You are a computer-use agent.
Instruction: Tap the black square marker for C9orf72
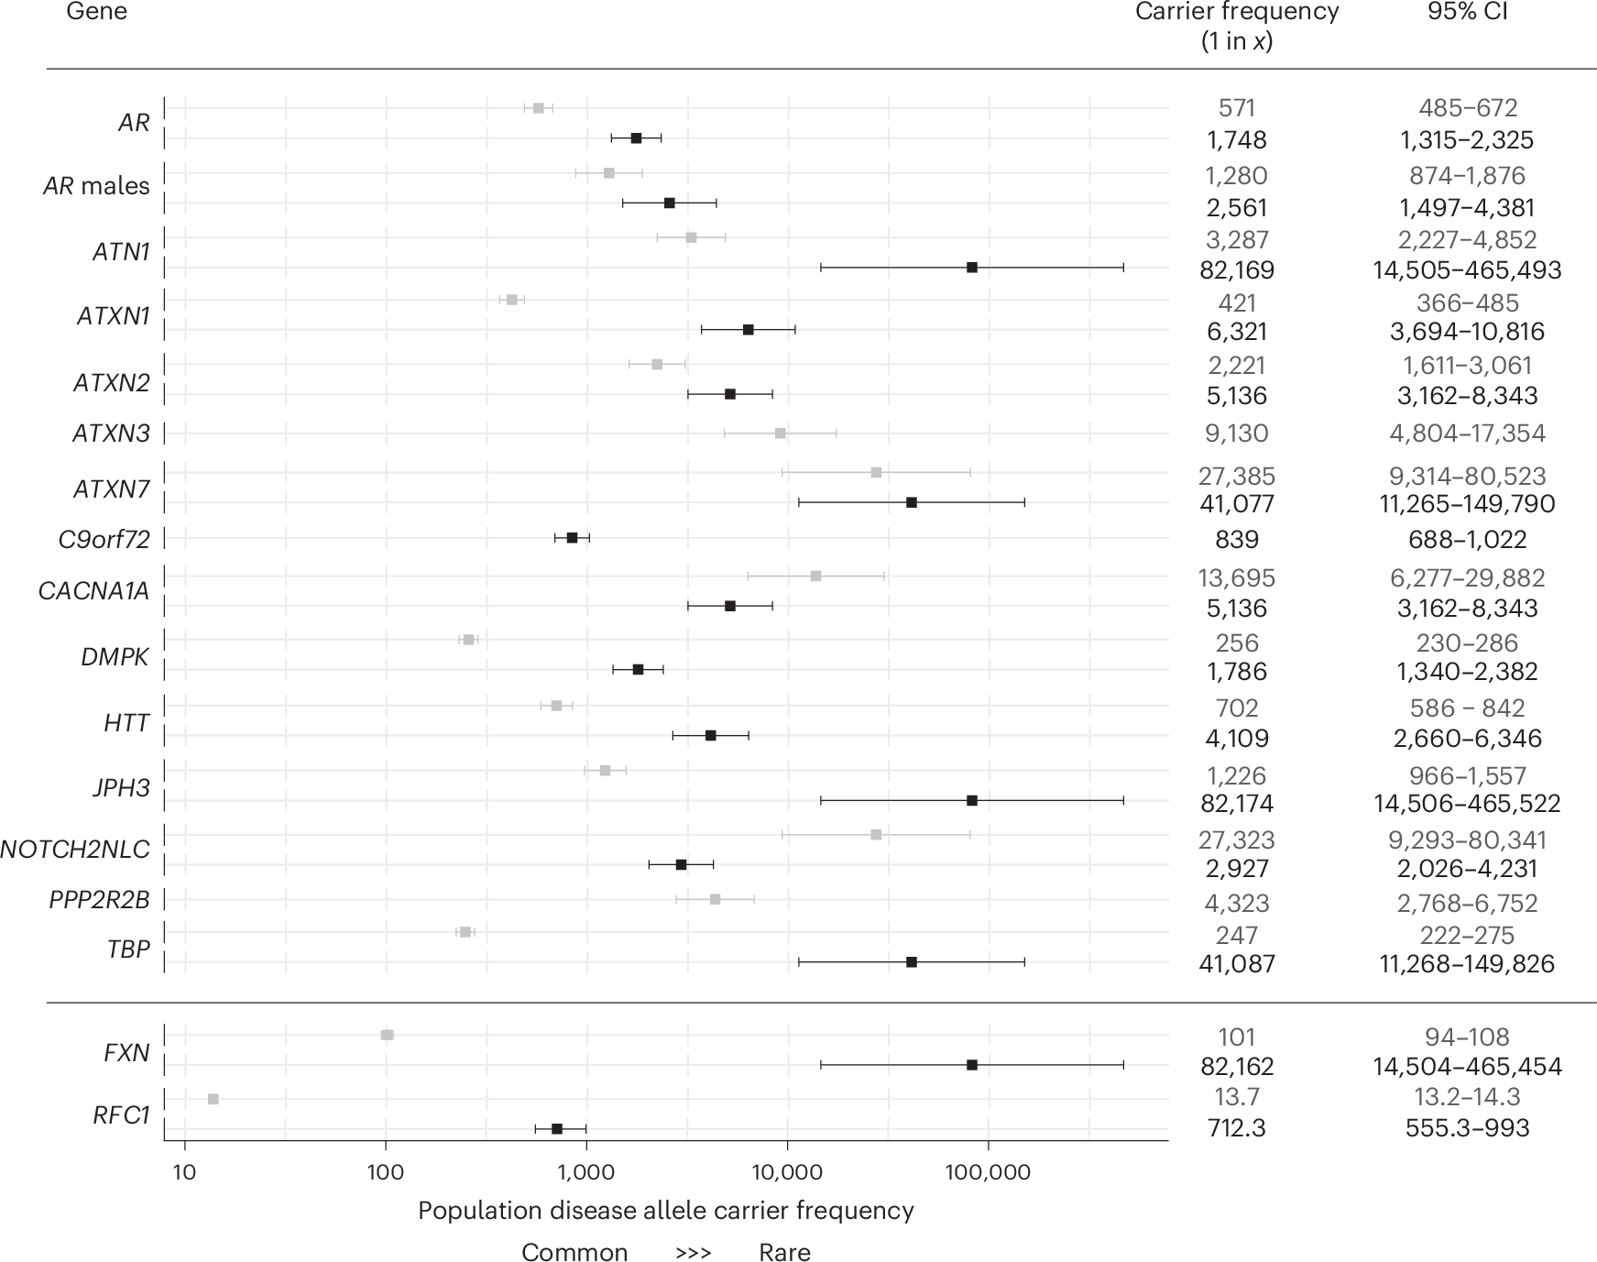pyautogui.click(x=572, y=538)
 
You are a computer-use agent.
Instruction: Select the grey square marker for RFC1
pyautogui.click(x=213, y=1099)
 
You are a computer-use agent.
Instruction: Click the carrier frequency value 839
pyautogui.click(x=1236, y=540)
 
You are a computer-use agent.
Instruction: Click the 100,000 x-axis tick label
pyautogui.click(x=988, y=1172)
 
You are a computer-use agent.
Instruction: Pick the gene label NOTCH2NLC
pyautogui.click(x=75, y=850)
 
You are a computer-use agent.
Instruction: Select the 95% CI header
pyautogui.click(x=1467, y=13)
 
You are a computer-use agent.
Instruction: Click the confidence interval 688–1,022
pyautogui.click(x=1467, y=540)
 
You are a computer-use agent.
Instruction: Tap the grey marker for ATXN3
pyautogui.click(x=780, y=433)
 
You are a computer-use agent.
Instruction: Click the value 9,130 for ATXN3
pyautogui.click(x=1236, y=433)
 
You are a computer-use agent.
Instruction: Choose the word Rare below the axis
pyautogui.click(x=784, y=1252)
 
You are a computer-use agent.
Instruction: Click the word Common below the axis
pyautogui.click(x=574, y=1252)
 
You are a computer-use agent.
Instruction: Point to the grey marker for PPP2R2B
pyautogui.click(x=715, y=899)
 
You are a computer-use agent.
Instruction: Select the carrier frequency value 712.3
pyautogui.click(x=1236, y=1127)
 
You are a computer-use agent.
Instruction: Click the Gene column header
pyautogui.click(x=96, y=13)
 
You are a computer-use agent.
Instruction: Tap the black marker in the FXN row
pyautogui.click(x=972, y=1065)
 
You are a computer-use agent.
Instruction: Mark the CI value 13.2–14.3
pyautogui.click(x=1467, y=1097)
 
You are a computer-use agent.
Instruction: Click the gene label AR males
pyautogui.click(x=96, y=186)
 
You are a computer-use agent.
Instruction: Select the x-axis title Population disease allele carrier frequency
pyautogui.click(x=666, y=1211)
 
